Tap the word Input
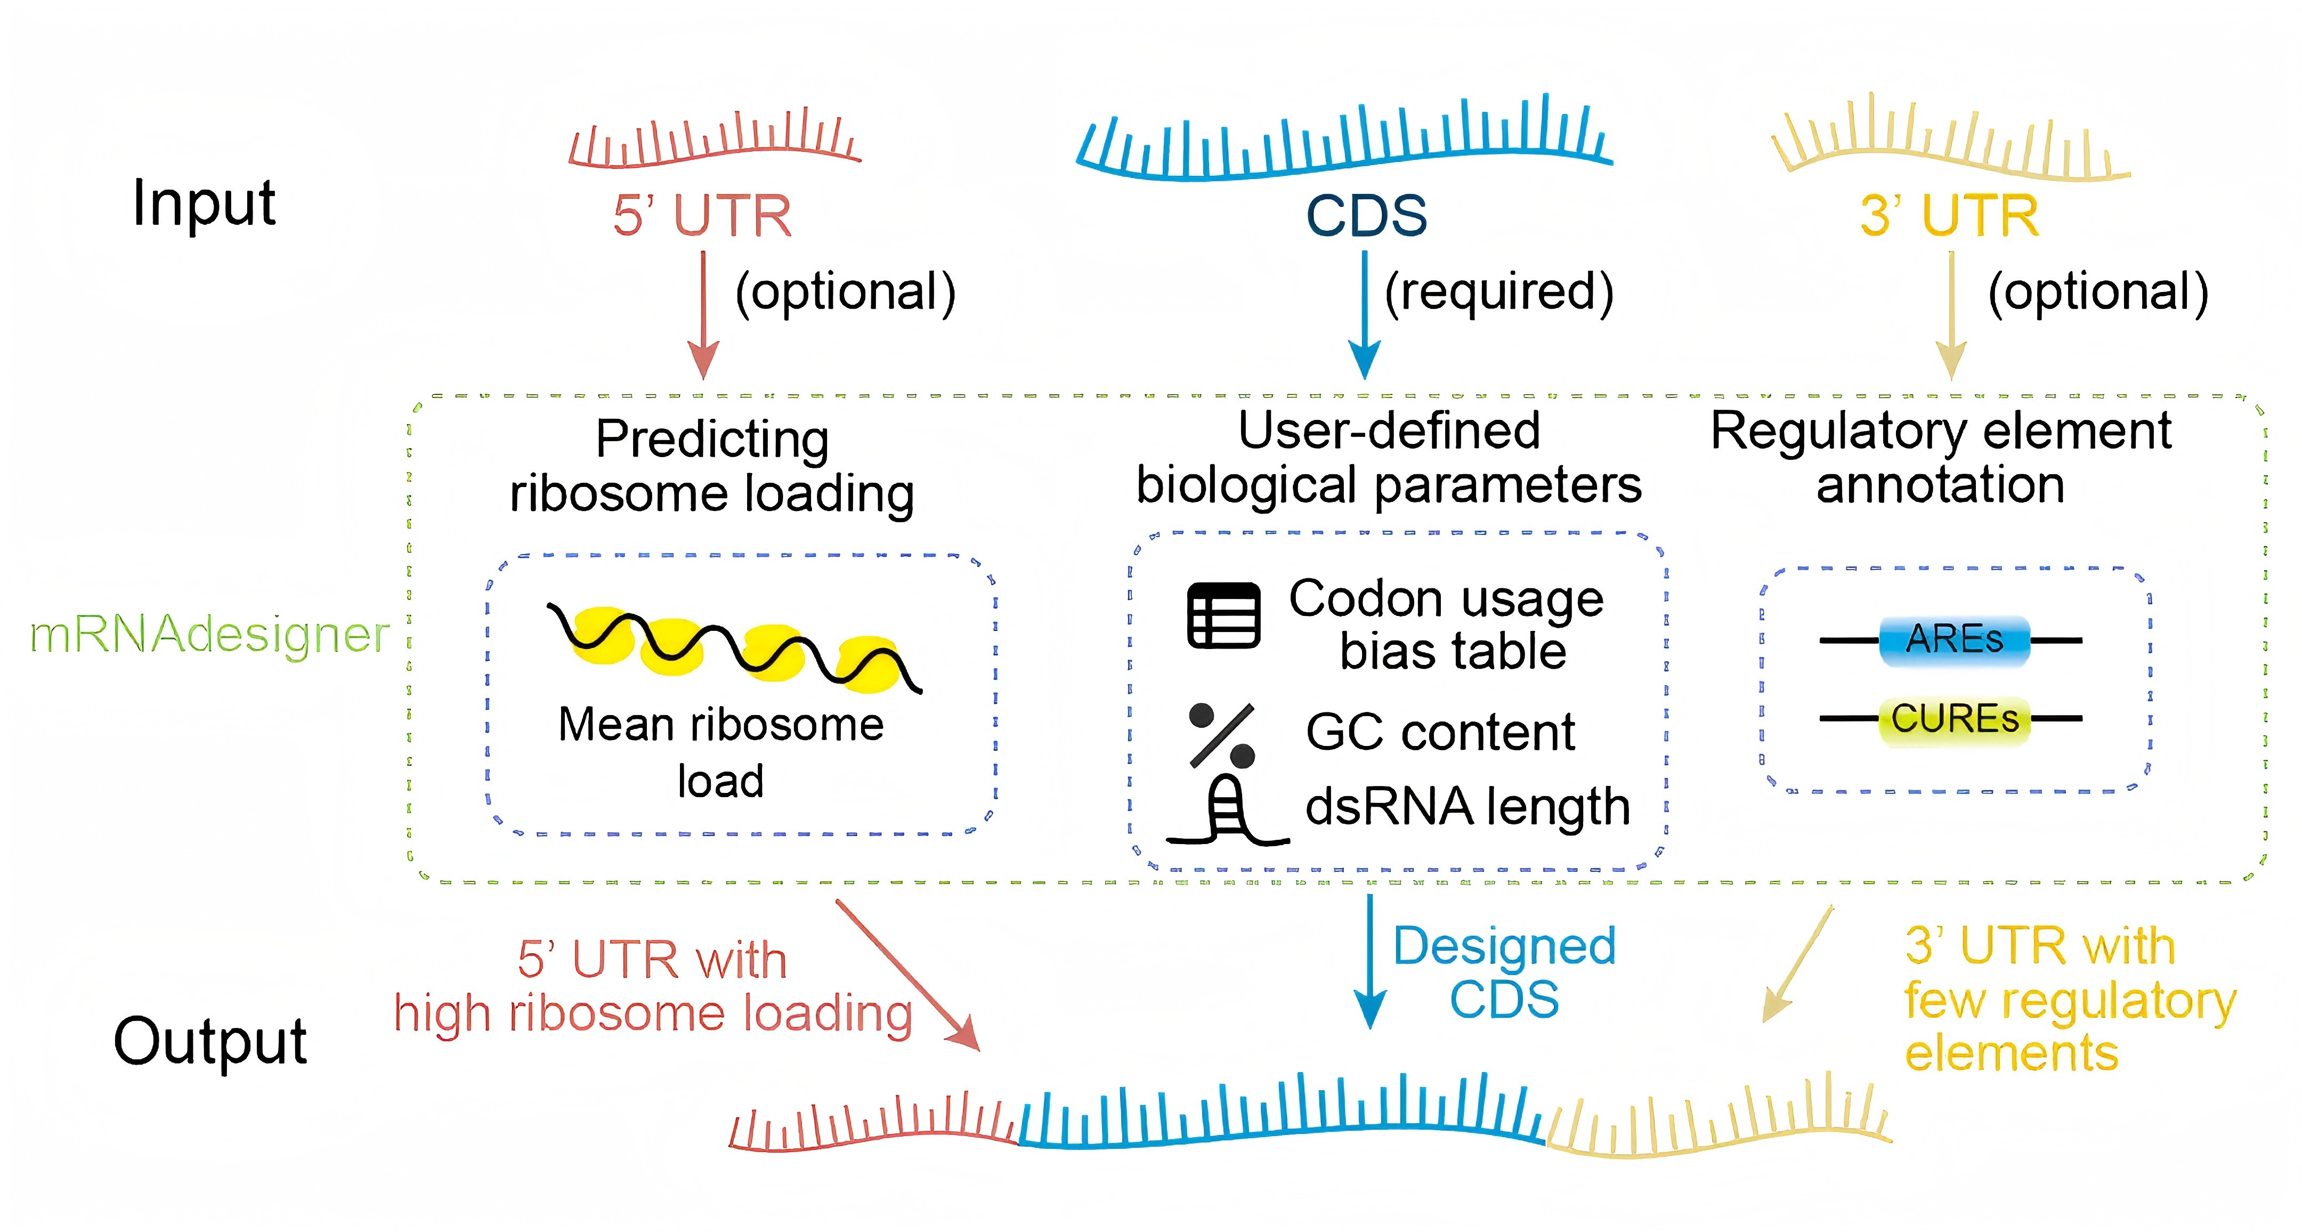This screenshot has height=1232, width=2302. click(x=204, y=204)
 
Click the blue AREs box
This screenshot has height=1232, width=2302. click(x=1955, y=639)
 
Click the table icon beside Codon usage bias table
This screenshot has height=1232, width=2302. click(x=1223, y=615)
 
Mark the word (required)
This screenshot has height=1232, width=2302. click(x=1498, y=292)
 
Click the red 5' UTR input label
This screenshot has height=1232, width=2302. click(x=702, y=216)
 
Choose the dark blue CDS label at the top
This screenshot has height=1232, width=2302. click(x=1366, y=216)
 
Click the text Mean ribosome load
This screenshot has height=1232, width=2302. click(x=720, y=751)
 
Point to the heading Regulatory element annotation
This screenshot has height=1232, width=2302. click(x=1940, y=457)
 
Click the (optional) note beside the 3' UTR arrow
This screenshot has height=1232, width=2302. click(x=2097, y=292)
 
